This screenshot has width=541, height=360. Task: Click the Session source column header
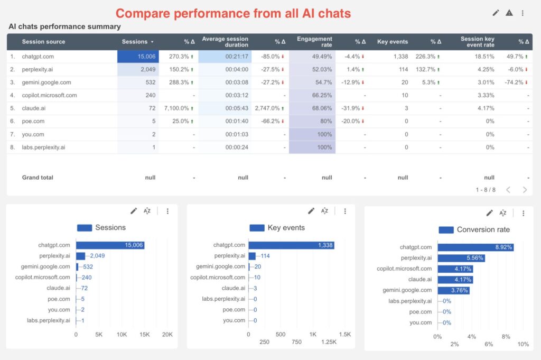[43, 42]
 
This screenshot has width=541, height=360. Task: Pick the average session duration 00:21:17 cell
[237, 57]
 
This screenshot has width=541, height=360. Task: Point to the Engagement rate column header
[314, 42]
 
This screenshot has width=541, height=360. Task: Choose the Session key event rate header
[478, 42]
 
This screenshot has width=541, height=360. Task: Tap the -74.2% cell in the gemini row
[514, 82]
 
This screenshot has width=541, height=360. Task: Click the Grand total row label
[38, 178]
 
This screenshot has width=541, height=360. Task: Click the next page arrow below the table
[525, 190]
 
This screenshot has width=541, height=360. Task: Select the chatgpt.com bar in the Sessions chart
[110, 245]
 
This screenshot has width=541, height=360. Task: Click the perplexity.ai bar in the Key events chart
[252, 256]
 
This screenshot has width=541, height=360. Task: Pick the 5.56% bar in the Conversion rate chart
[461, 258]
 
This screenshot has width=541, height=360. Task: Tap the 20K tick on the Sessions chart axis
[167, 335]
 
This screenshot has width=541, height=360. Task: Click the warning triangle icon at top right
[509, 13]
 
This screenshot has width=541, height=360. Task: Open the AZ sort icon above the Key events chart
[325, 211]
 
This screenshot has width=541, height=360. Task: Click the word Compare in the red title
[142, 13]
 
